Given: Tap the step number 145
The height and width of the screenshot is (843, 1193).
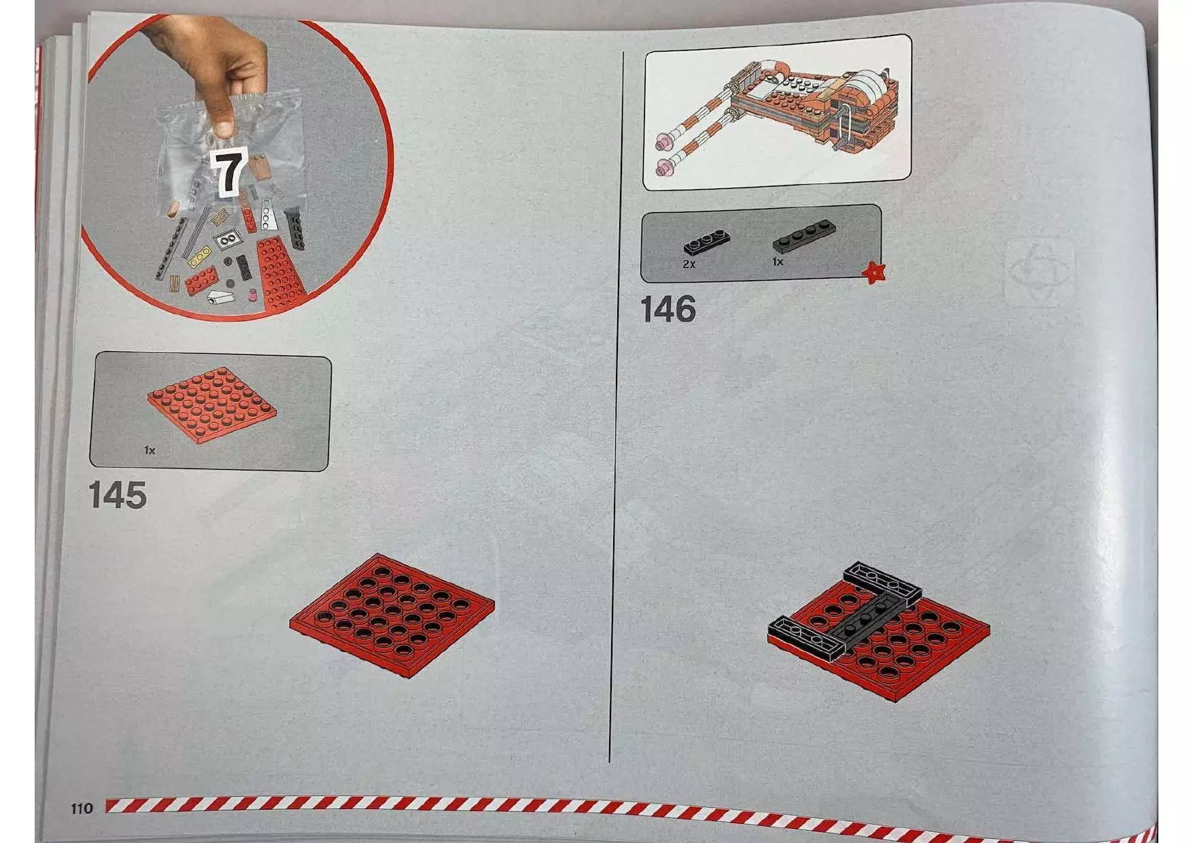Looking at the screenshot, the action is [x=118, y=495].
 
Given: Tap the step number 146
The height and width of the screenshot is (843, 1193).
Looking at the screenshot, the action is [x=668, y=309].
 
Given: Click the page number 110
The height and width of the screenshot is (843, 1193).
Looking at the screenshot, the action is [x=82, y=808].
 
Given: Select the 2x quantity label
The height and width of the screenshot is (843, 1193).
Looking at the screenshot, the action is [x=689, y=264].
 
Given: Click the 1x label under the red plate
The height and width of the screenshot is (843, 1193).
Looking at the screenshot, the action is [x=150, y=450].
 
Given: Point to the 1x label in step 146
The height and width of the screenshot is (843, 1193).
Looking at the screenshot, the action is [x=778, y=262].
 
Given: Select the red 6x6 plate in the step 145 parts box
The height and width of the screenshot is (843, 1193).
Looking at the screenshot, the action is [x=212, y=405].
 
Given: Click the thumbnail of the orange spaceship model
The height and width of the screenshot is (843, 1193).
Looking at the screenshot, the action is [x=776, y=112].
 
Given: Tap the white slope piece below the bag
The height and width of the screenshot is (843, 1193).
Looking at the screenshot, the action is [x=220, y=297].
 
